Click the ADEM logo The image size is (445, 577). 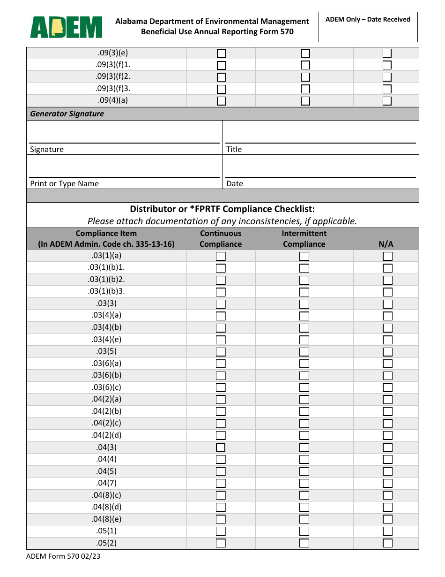[66, 27]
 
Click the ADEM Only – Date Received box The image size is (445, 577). [368, 27]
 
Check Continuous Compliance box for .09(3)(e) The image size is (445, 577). [221, 53]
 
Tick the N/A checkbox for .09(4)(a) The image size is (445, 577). [387, 100]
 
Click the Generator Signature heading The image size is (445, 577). [67, 114]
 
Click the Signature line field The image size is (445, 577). [124, 133]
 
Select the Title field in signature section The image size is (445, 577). [320, 133]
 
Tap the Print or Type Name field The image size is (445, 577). [124, 167]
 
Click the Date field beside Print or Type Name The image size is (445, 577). [320, 167]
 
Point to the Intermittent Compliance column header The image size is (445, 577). [304, 239]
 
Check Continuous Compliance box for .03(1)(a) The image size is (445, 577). [221, 256]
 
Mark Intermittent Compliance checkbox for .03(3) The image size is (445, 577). [304, 304]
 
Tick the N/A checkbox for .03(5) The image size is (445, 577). [387, 352]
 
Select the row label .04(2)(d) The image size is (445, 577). [106, 435]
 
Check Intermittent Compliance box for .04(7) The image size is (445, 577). [304, 483]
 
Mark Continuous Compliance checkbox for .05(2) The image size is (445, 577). [221, 543]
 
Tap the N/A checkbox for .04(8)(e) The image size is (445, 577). [387, 519]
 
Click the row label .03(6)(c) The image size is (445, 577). [106, 387]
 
